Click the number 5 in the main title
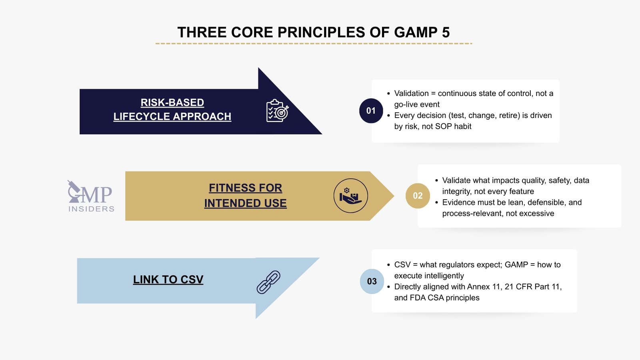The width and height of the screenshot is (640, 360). click(x=446, y=32)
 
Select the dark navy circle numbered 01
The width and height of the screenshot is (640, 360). click(x=371, y=111)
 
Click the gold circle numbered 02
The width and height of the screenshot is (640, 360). click(x=418, y=196)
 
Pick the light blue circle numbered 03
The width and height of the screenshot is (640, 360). click(x=372, y=281)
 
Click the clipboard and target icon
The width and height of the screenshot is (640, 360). click(x=277, y=111)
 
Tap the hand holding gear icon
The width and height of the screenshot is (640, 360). click(x=350, y=196)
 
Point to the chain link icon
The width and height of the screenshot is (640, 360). click(x=268, y=282)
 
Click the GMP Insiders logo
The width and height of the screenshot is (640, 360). click(x=91, y=196)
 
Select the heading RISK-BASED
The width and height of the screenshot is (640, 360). click(x=172, y=103)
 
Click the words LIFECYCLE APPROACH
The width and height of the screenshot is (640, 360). click(x=172, y=116)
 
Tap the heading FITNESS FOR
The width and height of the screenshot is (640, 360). click(x=245, y=188)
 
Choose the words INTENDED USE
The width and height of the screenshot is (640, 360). click(x=245, y=203)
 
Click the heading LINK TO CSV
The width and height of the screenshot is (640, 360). click(x=168, y=280)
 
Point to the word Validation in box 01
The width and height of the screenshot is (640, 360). click(x=411, y=94)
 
